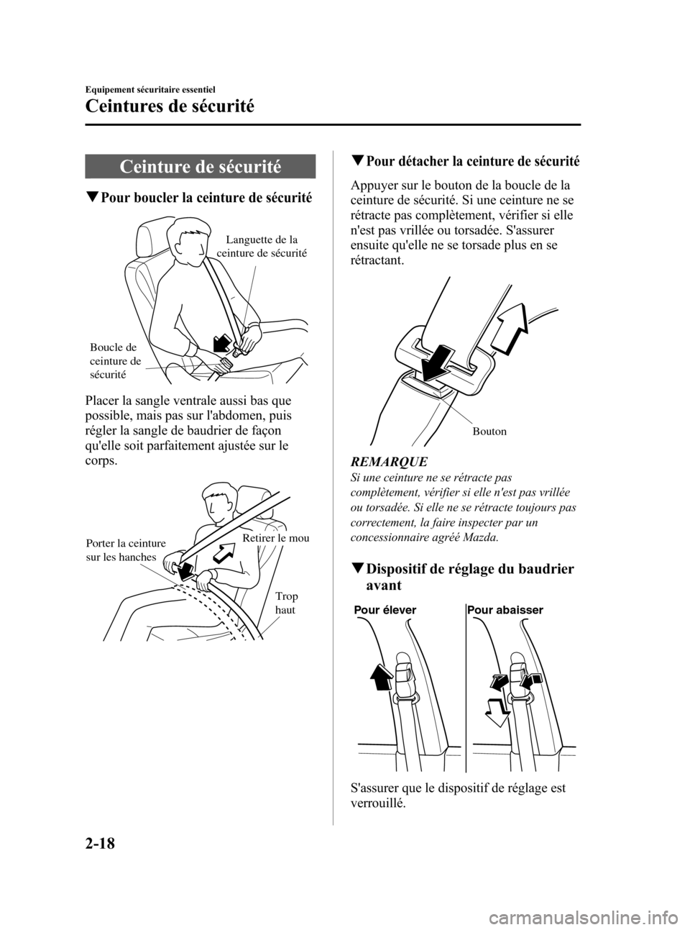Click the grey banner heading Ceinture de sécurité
[x=200, y=167]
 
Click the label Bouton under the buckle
[x=489, y=432]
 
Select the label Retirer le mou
[x=276, y=538]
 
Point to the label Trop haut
[x=286, y=603]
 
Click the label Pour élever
[x=385, y=610]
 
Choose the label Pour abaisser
[x=505, y=610]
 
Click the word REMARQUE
[x=389, y=462]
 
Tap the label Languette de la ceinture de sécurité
[x=262, y=246]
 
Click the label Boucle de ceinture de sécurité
[x=115, y=360]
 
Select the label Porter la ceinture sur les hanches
[x=126, y=550]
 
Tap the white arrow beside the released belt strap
[x=509, y=328]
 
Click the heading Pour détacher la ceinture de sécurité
[x=465, y=161]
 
